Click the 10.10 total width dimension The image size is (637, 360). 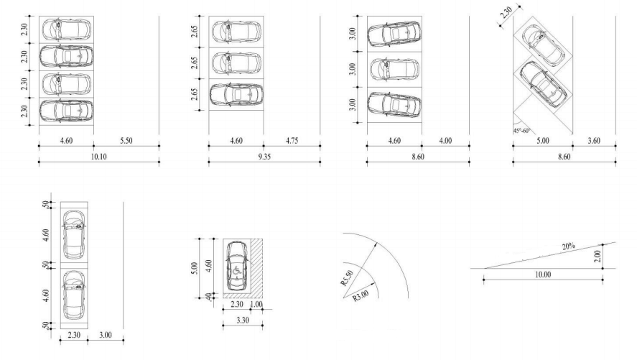tap(98, 157)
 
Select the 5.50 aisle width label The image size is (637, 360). tap(126, 141)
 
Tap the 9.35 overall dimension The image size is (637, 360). tap(264, 157)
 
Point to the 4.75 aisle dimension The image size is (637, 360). tap(292, 141)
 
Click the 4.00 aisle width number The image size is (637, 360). tap(446, 141)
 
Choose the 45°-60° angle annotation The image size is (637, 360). tap(521, 131)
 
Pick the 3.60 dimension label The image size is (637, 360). tap(594, 141)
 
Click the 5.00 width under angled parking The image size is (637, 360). tap(543, 141)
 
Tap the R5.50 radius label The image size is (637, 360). tap(348, 278)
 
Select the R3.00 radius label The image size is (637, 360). tap(361, 295)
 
